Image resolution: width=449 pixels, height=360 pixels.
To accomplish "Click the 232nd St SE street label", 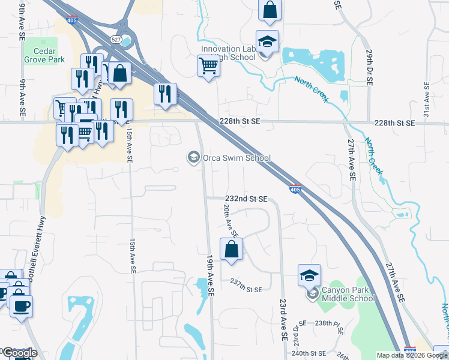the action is point(246,199).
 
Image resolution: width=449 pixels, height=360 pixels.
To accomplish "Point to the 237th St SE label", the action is point(246,289).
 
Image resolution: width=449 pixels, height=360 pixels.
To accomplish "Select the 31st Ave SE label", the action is point(426,100).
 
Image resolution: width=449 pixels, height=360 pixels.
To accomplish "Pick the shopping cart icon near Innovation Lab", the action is point(208,65).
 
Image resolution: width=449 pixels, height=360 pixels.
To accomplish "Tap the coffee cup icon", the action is point(22,305).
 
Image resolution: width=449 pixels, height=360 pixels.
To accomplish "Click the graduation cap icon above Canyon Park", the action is point(309,275).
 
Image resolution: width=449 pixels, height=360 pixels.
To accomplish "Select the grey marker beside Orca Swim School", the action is point(193,158).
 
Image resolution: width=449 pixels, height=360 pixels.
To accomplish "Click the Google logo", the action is point(19,353).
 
